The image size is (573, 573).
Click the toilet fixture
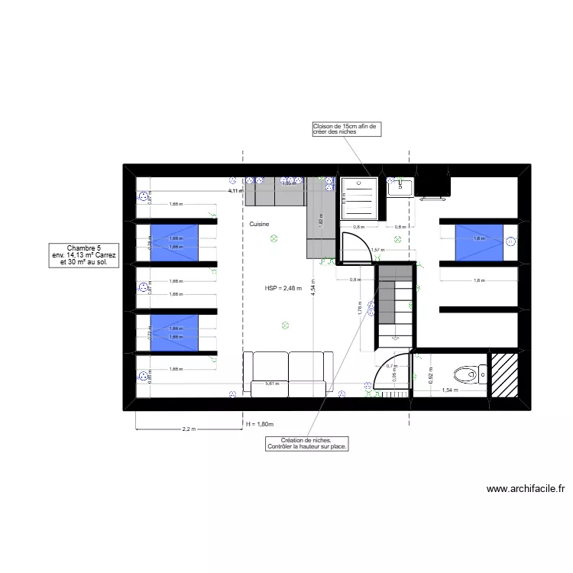pyautogui.click(x=467, y=374)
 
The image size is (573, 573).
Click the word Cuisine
pyautogui.click(x=260, y=225)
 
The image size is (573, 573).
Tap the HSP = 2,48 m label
pyautogui.click(x=283, y=289)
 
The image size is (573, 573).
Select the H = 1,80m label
pyautogui.click(x=260, y=424)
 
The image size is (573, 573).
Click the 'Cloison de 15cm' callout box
pyautogui.click(x=345, y=129)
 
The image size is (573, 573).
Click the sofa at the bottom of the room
pyautogui.click(x=287, y=372)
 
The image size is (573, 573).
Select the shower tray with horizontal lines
pyautogui.click(x=358, y=199)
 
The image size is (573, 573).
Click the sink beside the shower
pyautogui.click(x=400, y=186)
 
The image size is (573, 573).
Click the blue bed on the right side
pyautogui.click(x=479, y=239)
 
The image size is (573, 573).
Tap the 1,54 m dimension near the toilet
pyautogui.click(x=450, y=390)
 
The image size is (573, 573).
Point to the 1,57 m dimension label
pyautogui.click(x=376, y=250)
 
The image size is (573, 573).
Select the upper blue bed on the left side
pyautogui.click(x=175, y=242)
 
